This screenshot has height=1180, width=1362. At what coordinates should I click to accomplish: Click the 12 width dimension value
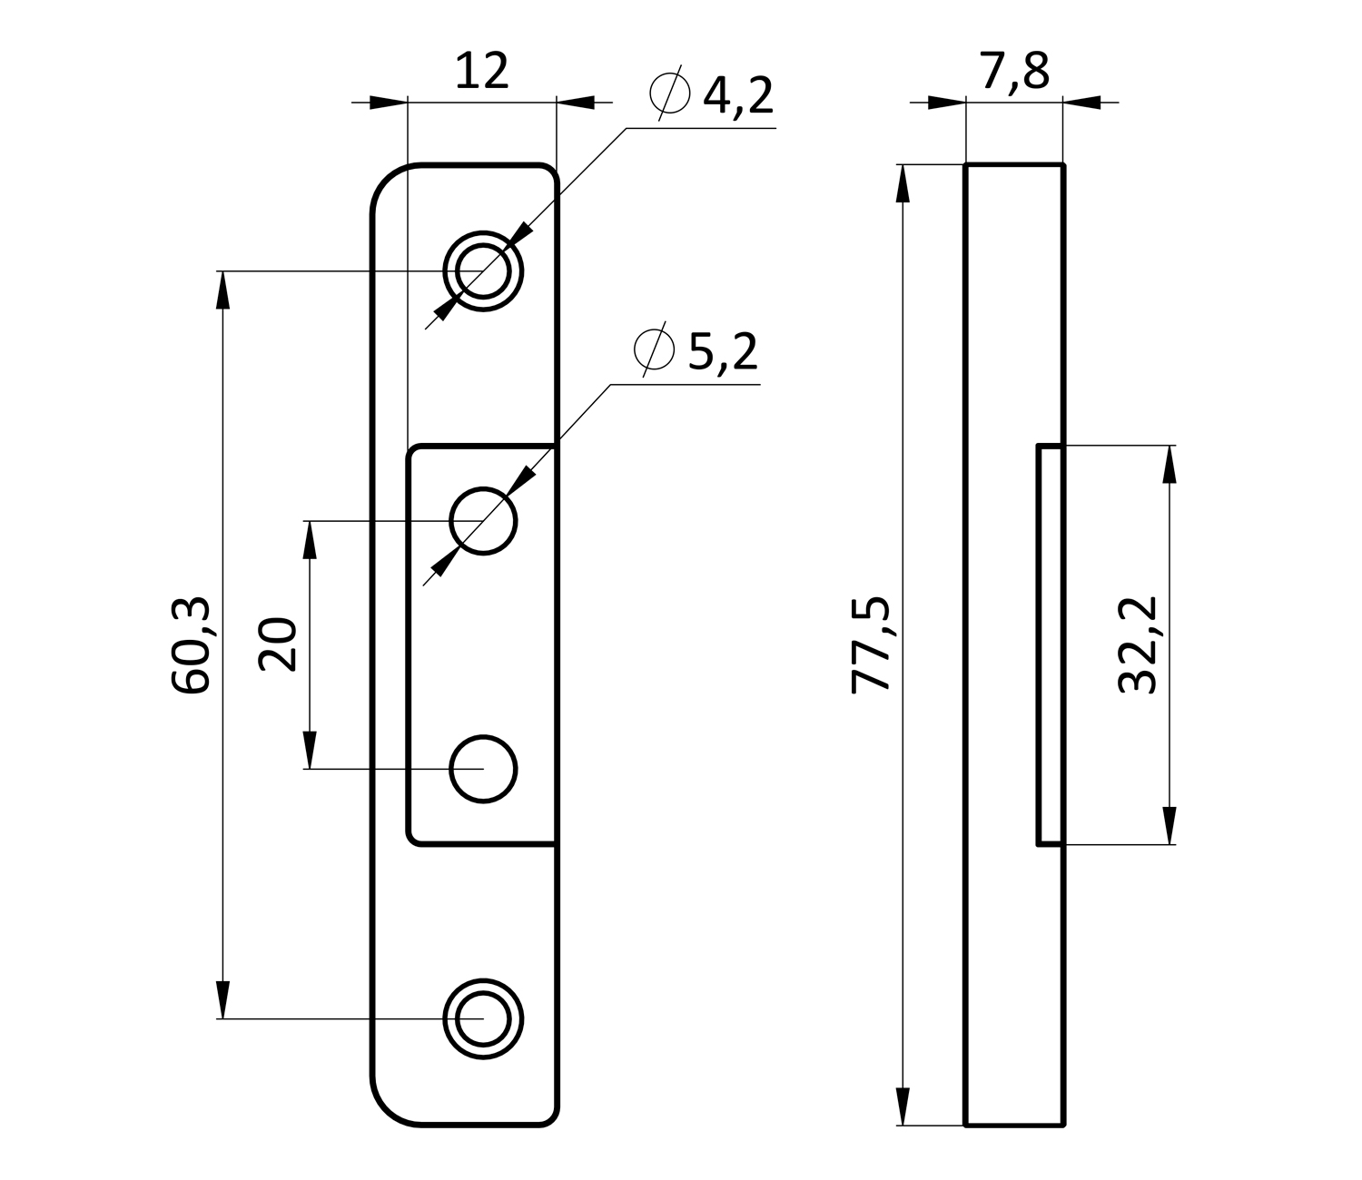482,71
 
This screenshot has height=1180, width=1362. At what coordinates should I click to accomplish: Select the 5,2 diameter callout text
724,352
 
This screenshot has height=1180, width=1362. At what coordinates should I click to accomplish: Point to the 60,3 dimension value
191,645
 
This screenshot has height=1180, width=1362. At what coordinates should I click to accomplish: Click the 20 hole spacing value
278,644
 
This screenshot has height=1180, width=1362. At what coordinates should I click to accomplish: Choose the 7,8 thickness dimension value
1015,71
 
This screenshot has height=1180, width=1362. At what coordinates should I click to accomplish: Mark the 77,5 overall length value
871,645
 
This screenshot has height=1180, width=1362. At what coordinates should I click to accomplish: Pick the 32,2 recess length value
1138,645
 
